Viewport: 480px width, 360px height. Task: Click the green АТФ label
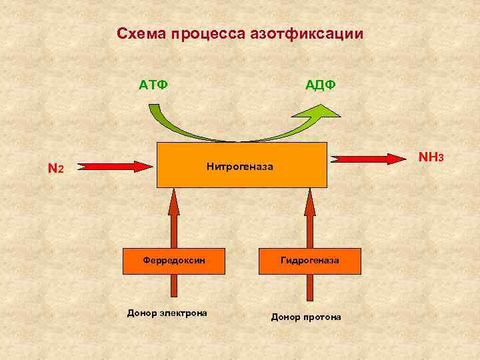tap(153, 85)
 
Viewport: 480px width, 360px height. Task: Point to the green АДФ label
tap(320, 85)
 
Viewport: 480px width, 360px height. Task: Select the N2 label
tap(56, 169)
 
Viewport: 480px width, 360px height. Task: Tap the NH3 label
tap(430, 158)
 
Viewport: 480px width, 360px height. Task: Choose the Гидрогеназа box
tap(309, 261)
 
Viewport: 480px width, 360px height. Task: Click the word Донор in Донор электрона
tap(141, 313)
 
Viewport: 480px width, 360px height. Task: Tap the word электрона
tap(181, 313)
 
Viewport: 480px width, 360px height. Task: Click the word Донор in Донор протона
tap(285, 317)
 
